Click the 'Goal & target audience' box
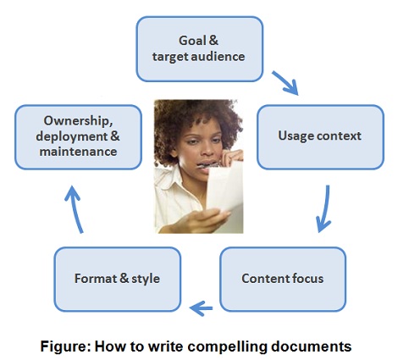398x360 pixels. pos(200,49)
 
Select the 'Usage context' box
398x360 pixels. pos(320,137)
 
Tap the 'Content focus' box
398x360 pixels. pos(283,280)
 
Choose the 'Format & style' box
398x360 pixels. pos(117,280)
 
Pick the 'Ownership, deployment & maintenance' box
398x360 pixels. pos(78,137)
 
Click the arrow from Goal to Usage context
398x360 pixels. pos(285,83)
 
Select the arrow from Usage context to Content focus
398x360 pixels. pos(325,209)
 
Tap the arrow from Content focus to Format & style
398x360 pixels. pos(201,308)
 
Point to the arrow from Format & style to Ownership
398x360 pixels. pos(74,209)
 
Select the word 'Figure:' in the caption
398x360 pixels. pos(66,346)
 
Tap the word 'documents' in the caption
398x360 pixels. pos(312,346)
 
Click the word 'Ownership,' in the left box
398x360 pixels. pos(78,121)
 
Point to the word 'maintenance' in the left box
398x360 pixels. pos(78,152)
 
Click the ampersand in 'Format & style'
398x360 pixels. pos(124,278)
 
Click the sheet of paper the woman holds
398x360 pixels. pos(225,186)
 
